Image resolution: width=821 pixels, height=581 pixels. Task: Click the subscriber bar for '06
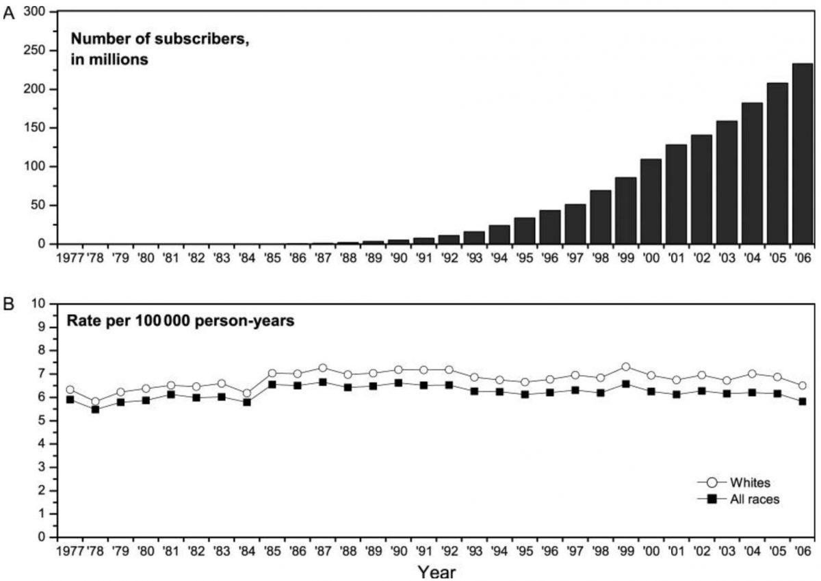[x=802, y=154]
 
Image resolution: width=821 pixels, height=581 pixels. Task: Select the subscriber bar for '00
[x=651, y=201]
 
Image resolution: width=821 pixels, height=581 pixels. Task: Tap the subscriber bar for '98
[x=600, y=217]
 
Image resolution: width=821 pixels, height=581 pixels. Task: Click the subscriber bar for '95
[x=525, y=231]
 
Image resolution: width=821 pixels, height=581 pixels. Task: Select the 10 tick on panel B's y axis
[x=39, y=303]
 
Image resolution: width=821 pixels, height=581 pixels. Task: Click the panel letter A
[x=8, y=14]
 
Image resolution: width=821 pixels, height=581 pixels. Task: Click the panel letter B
[x=8, y=303]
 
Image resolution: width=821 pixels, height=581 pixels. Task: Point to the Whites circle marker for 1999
[x=625, y=367]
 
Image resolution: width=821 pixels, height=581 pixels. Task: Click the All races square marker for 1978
[x=95, y=409]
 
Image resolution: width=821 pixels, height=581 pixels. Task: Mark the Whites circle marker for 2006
[x=802, y=386]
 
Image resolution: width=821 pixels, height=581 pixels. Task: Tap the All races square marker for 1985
[x=272, y=385]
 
